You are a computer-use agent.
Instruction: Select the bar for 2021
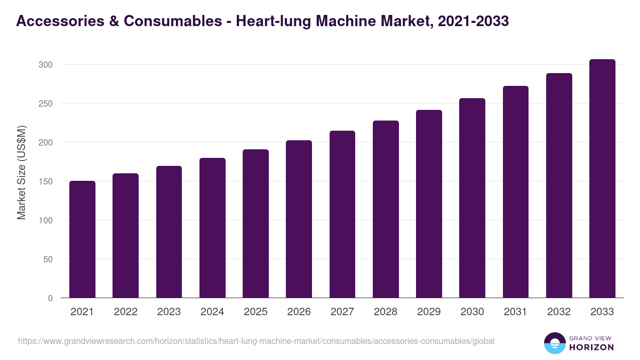point(82,239)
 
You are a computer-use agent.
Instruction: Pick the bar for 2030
point(472,198)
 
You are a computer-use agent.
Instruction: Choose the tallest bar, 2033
point(602,179)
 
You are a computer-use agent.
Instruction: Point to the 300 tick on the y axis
point(46,65)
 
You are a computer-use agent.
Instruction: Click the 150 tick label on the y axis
point(46,181)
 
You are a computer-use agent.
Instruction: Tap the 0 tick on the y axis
point(50,298)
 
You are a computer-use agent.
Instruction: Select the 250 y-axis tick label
point(46,103)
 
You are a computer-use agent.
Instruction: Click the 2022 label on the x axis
point(125,312)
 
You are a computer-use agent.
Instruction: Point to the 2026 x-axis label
point(299,312)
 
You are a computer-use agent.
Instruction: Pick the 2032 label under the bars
point(559,312)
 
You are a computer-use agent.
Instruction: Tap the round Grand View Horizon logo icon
point(555,343)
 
